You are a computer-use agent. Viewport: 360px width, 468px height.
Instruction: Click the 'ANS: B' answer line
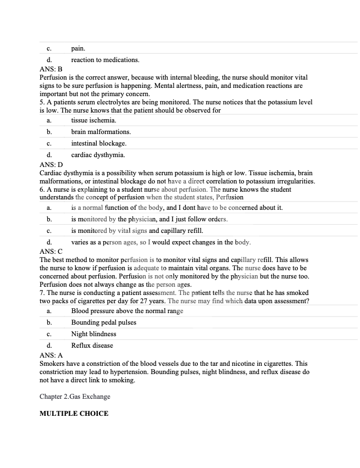pos(51,70)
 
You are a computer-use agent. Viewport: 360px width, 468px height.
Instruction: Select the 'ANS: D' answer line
pos(51,164)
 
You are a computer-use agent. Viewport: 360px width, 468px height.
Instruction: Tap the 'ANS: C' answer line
pos(51,251)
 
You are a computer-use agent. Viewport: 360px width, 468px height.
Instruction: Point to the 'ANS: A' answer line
pos(51,355)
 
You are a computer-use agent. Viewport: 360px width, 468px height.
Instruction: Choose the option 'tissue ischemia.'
pos(93,120)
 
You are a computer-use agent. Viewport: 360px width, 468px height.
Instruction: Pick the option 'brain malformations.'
pos(101,132)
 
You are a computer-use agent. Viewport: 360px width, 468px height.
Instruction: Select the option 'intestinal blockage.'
pos(98,143)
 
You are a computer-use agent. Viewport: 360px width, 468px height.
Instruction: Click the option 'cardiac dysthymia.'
pos(98,155)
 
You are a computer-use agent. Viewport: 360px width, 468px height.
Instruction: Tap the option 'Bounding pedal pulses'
pos(103,322)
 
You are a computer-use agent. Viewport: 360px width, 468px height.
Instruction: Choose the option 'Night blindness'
pos(93,334)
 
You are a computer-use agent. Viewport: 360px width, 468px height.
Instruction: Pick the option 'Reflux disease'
pos(92,346)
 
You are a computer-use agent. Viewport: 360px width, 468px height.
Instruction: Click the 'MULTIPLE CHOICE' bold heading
pos(74,413)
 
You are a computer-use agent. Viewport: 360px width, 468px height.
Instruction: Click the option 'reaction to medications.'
pos(105,60)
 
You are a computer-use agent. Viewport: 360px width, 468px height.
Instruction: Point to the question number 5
pos(42,102)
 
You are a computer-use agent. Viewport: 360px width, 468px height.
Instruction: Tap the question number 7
pos(42,293)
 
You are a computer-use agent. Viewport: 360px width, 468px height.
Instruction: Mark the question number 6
pos(42,189)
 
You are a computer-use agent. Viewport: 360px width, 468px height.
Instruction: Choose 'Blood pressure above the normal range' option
pos(127,311)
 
